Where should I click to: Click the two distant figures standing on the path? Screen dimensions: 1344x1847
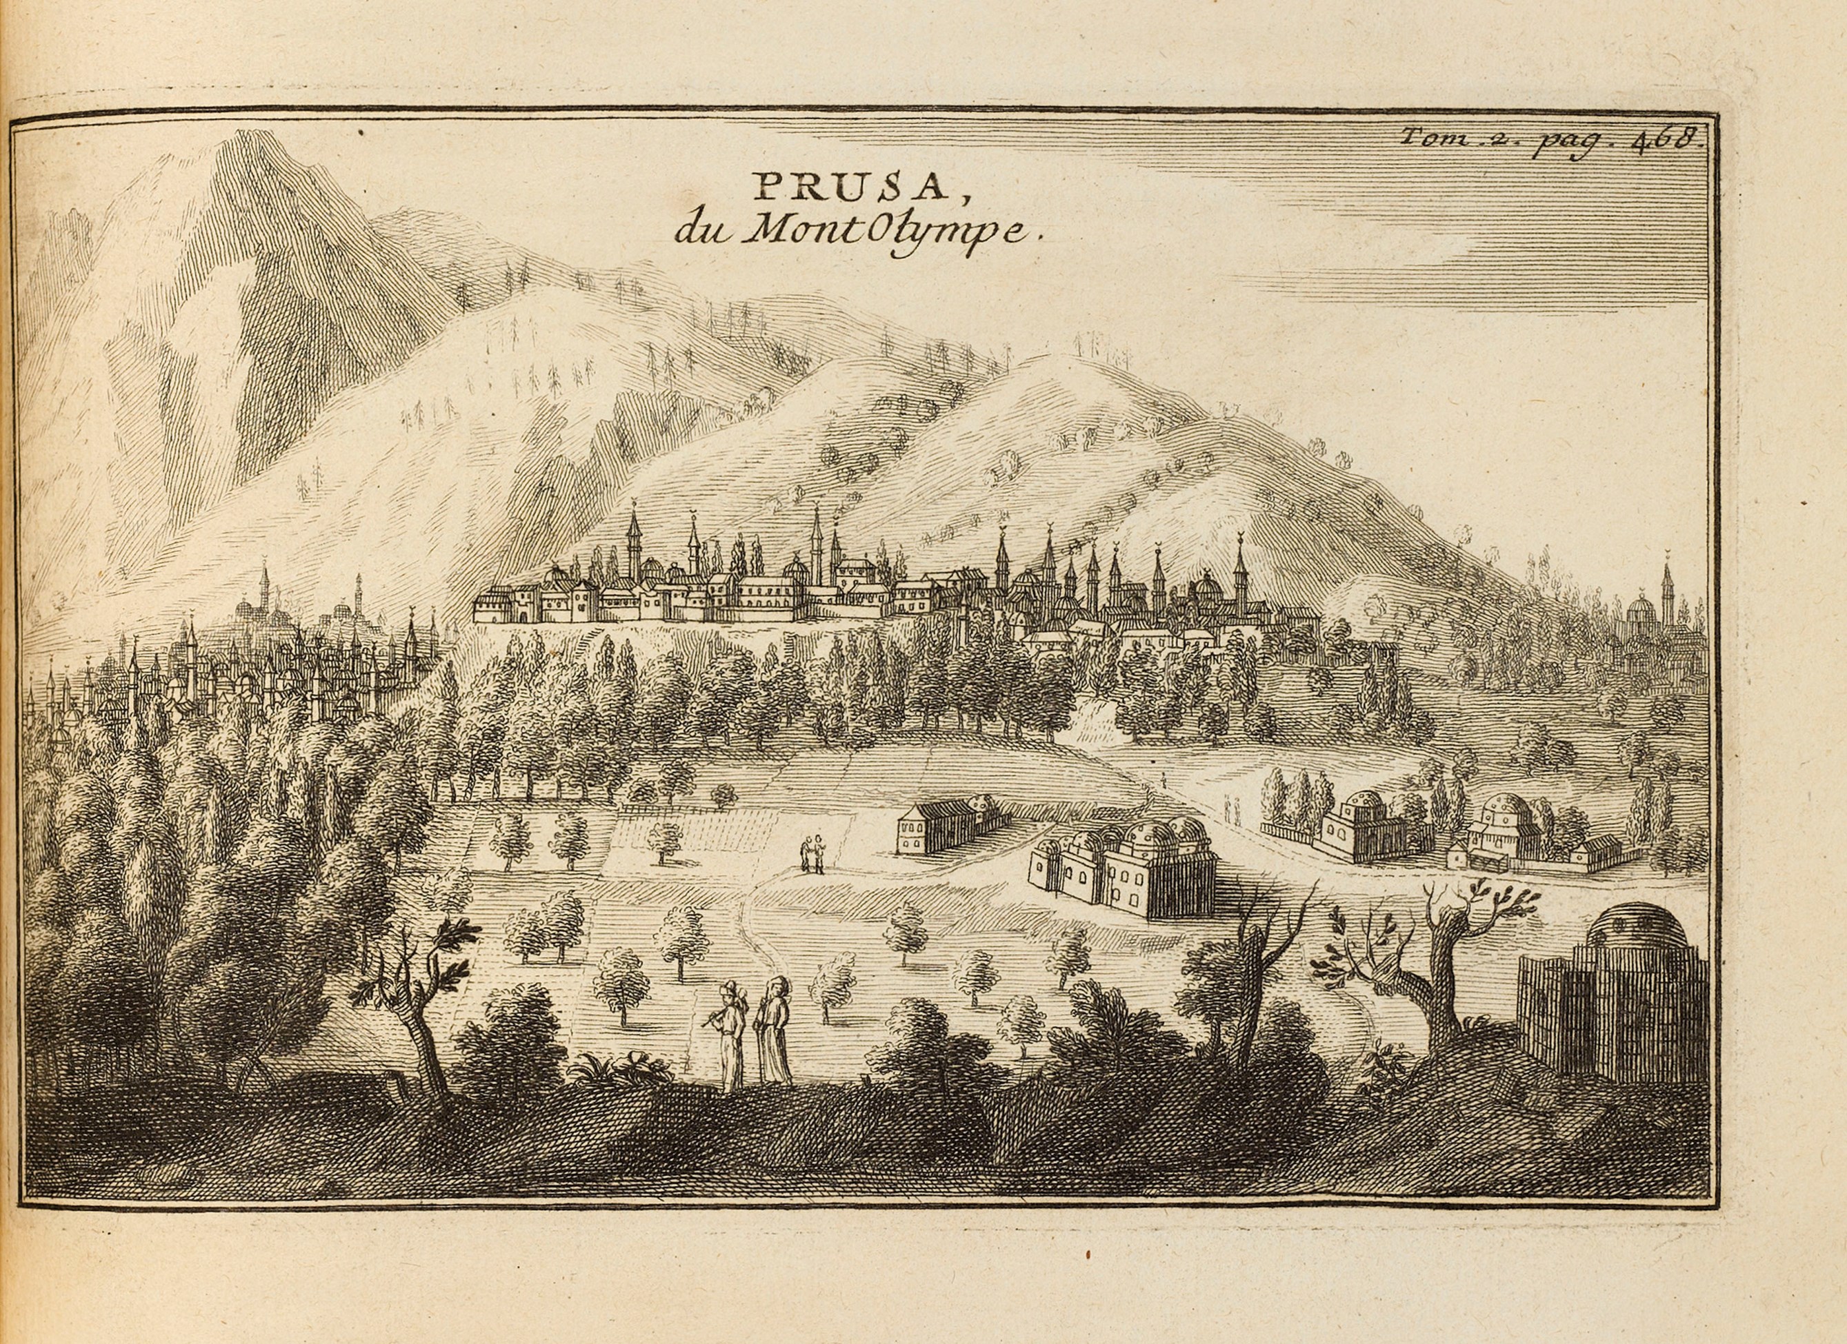pyautogui.click(x=812, y=855)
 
